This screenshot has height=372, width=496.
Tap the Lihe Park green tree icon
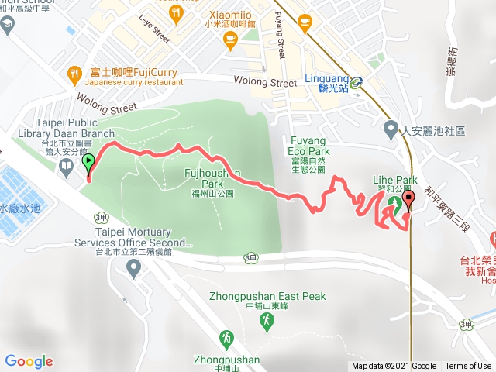coord(391,205)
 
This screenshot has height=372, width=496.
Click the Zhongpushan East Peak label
coord(267,297)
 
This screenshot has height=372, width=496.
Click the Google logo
coord(29,361)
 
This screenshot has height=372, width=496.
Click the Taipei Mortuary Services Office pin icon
coord(133,268)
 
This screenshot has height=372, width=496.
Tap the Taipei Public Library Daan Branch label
coord(65,133)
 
